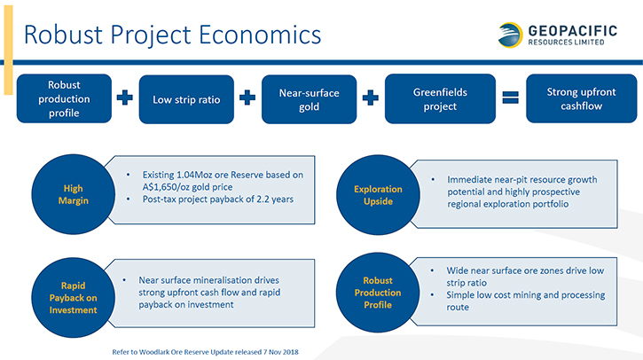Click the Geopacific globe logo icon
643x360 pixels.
coord(510,35)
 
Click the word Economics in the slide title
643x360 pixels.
coord(260,35)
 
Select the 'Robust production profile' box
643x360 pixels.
coord(64,98)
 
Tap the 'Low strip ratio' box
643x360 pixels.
coord(186,99)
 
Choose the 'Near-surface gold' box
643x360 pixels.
coord(310,99)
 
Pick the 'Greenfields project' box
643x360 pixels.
coord(440,98)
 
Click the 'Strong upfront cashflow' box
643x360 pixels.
coord(582,98)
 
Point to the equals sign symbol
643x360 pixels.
coord(511,98)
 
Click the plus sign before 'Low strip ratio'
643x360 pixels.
coord(125,98)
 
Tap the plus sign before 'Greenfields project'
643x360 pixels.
coord(371,98)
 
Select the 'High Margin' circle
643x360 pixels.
coord(73,194)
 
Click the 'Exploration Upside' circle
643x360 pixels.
coord(378,195)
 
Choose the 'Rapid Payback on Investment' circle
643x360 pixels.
coord(73,298)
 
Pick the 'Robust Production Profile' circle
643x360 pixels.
coord(378,293)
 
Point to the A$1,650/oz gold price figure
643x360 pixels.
coord(187,187)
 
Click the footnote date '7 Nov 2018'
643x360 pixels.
coord(281,352)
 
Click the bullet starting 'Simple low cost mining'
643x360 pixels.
coord(525,301)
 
